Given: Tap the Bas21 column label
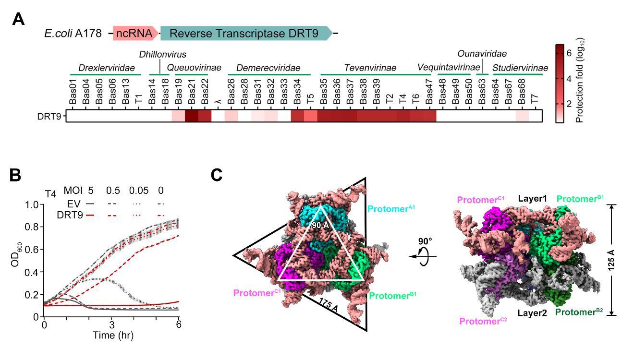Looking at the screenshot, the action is [x=192, y=91].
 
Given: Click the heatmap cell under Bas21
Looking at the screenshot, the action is [x=192, y=116].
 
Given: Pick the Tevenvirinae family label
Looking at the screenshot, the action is [x=370, y=68].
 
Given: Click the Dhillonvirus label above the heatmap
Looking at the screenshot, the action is [x=163, y=54].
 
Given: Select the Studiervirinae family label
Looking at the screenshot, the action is [x=520, y=68].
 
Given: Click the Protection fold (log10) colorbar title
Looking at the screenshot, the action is [x=579, y=80].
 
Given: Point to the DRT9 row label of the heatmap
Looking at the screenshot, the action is [x=49, y=116].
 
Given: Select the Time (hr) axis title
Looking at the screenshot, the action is [x=113, y=336].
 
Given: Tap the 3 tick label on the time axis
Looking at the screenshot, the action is [x=112, y=324].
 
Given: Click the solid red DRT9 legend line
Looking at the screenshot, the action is [x=90, y=216].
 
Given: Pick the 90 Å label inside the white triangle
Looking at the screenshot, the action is [x=320, y=226].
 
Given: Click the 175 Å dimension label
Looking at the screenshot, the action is [x=329, y=305].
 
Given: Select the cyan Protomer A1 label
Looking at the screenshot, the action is [x=391, y=209].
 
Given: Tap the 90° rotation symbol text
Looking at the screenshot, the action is [x=425, y=241].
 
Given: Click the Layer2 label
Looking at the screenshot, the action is [x=532, y=313].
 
